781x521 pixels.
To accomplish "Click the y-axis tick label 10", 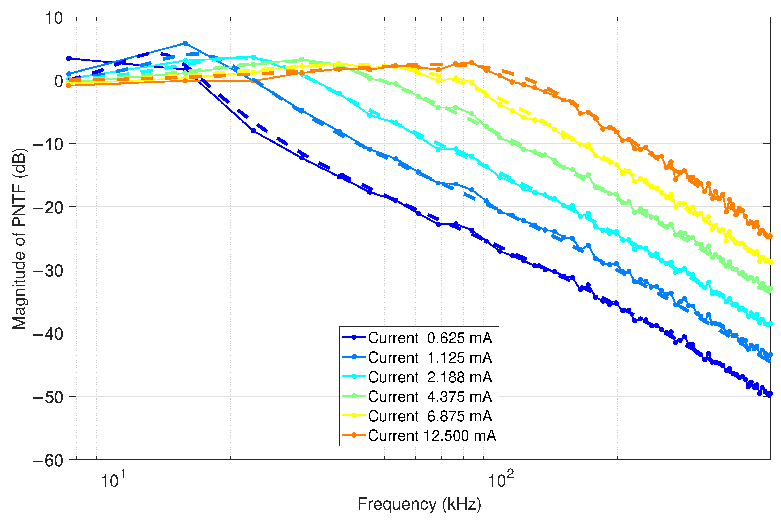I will coord(54,18).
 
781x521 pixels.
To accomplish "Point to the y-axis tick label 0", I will coord(59,81).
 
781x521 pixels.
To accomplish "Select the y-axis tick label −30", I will coord(48,271).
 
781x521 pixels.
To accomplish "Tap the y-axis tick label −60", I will coord(48,461).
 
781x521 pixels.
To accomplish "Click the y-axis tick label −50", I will coord(48,398).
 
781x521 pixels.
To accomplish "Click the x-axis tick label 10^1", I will coord(113,480).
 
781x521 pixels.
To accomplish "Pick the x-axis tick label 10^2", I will coord(500,480).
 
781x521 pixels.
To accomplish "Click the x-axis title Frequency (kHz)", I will coord(419,504).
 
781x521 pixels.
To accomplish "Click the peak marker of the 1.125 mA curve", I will coord(185,43).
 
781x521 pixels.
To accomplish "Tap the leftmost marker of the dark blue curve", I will coord(69,59).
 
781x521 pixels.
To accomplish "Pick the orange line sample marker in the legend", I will coord(354,435).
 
